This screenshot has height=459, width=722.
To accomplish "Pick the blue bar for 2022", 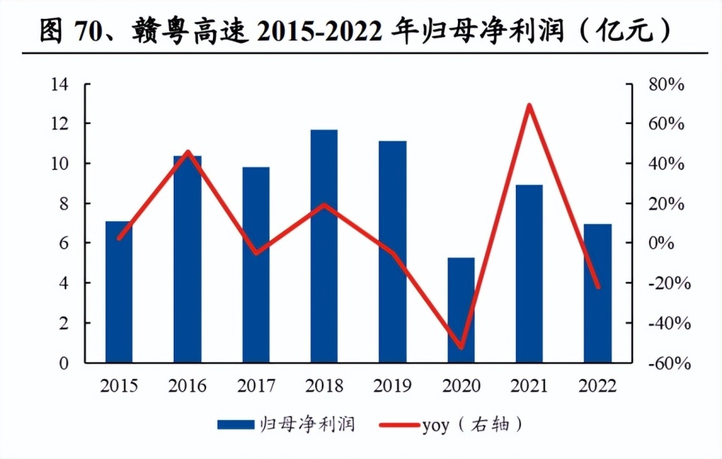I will pyautogui.click(x=598, y=293).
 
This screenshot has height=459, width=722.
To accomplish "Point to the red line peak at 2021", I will pyautogui.click(x=529, y=105).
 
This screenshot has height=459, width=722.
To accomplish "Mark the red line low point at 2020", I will pyautogui.click(x=461, y=348).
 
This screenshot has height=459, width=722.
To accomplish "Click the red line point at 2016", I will pyautogui.click(x=187, y=152).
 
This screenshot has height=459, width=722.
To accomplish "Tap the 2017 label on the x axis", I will pyautogui.click(x=256, y=386).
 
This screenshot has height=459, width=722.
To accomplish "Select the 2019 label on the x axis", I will pyautogui.click(x=393, y=386).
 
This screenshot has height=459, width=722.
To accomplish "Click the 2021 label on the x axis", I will pyautogui.click(x=529, y=386).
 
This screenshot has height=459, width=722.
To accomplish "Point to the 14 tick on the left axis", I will pyautogui.click(x=59, y=84).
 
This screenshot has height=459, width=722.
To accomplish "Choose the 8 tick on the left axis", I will pyautogui.click(x=64, y=203).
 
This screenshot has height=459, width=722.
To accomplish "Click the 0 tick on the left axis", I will pyautogui.click(x=64, y=363).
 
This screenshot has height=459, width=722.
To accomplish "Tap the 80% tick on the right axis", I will pyautogui.click(x=666, y=84).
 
